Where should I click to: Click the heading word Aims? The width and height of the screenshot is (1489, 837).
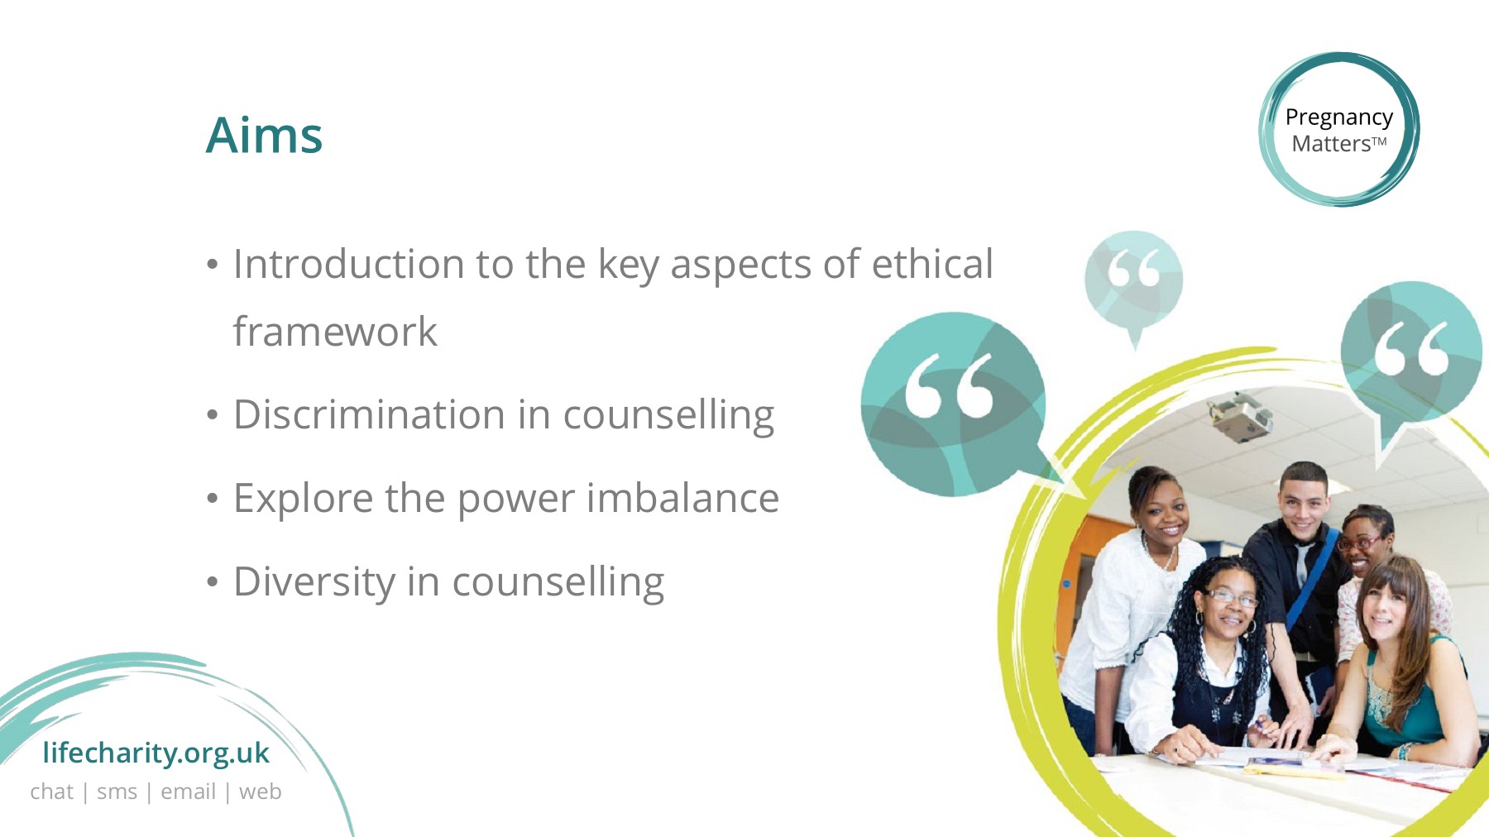pyautogui.click(x=264, y=135)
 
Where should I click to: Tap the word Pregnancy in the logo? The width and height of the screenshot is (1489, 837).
pyautogui.click(x=1338, y=118)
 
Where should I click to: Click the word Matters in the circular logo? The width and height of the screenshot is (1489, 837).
pyautogui.click(x=1331, y=144)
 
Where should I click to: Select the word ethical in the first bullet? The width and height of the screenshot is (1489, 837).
pyautogui.click(x=932, y=265)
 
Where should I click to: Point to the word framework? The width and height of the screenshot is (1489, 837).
pyautogui.click(x=335, y=332)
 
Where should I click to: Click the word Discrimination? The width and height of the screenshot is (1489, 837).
pyautogui.click(x=370, y=414)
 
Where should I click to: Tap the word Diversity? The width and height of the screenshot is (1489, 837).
pyautogui.click(x=314, y=583)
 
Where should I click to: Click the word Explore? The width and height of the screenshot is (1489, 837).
pyautogui.click(x=303, y=500)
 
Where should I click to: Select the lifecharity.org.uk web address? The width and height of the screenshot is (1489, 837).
pyautogui.click(x=156, y=753)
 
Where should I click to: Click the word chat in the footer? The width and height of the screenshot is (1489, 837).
pyautogui.click(x=52, y=792)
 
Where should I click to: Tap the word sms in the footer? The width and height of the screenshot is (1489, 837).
pyautogui.click(x=117, y=792)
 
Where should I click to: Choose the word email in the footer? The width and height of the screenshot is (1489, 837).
pyautogui.click(x=188, y=792)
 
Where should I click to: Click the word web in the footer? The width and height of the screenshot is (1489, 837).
pyautogui.click(x=260, y=792)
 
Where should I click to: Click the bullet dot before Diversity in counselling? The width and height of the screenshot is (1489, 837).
pyautogui.click(x=213, y=582)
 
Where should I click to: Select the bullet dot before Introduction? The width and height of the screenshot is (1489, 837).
pyautogui.click(x=213, y=265)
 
